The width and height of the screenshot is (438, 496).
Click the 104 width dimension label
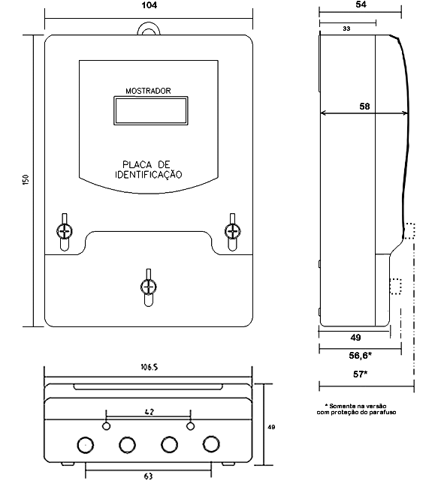150,5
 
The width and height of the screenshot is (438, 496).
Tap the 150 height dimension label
26,179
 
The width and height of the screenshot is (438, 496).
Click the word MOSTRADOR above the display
148,91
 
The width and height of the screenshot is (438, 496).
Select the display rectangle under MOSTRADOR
151,111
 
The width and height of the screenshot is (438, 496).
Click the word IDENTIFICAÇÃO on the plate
149,174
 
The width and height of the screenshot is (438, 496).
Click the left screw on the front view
65,232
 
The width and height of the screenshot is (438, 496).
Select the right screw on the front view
232,232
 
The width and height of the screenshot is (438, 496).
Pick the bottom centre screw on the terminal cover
148,287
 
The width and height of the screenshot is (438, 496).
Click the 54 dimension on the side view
361,5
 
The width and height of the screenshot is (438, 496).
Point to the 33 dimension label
346,29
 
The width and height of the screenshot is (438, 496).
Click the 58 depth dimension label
364,107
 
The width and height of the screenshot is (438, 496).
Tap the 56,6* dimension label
360,356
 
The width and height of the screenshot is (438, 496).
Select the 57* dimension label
360,374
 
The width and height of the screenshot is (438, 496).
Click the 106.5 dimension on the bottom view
150,367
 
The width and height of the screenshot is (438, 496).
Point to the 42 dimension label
150,412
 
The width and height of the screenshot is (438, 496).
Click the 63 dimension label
148,476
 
